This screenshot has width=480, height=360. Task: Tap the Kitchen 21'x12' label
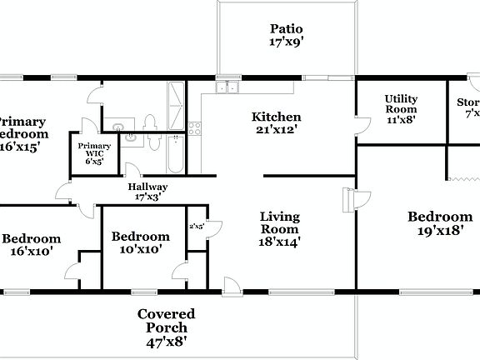pyautogui.click(x=276, y=123)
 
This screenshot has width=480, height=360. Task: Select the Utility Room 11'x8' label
pyautogui.click(x=400, y=109)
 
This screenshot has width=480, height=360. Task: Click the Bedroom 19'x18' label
pyautogui.click(x=439, y=224)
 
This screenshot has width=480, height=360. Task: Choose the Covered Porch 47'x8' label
pyautogui.click(x=167, y=327)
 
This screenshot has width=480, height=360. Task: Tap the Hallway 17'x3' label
pyautogui.click(x=147, y=192)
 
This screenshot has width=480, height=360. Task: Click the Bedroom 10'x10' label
pyautogui.click(x=140, y=242)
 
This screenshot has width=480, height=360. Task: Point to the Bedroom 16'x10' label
pyautogui.click(x=33, y=243)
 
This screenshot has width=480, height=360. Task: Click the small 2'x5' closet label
pyautogui.click(x=197, y=226)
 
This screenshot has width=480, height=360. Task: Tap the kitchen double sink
pyautogui.click(x=226, y=87)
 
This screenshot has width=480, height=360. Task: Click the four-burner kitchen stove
pyautogui.click(x=195, y=128)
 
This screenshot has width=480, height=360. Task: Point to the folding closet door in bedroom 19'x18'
pyautogui.click(x=462, y=178)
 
